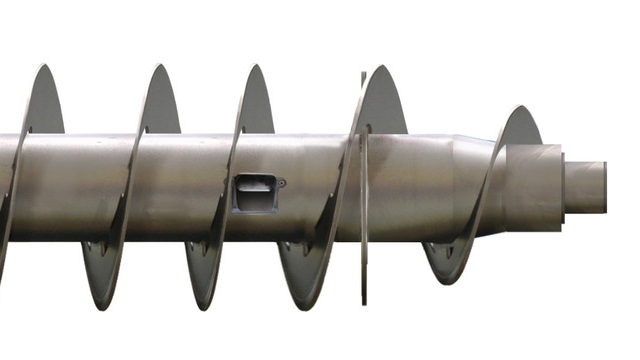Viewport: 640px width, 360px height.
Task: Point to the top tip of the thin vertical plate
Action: (x=362, y=74)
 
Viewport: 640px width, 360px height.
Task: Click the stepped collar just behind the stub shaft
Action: (x=534, y=187)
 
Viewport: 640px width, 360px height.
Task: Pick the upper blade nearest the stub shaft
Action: (x=520, y=125)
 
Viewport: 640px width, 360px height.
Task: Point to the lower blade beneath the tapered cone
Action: (x=450, y=255)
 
